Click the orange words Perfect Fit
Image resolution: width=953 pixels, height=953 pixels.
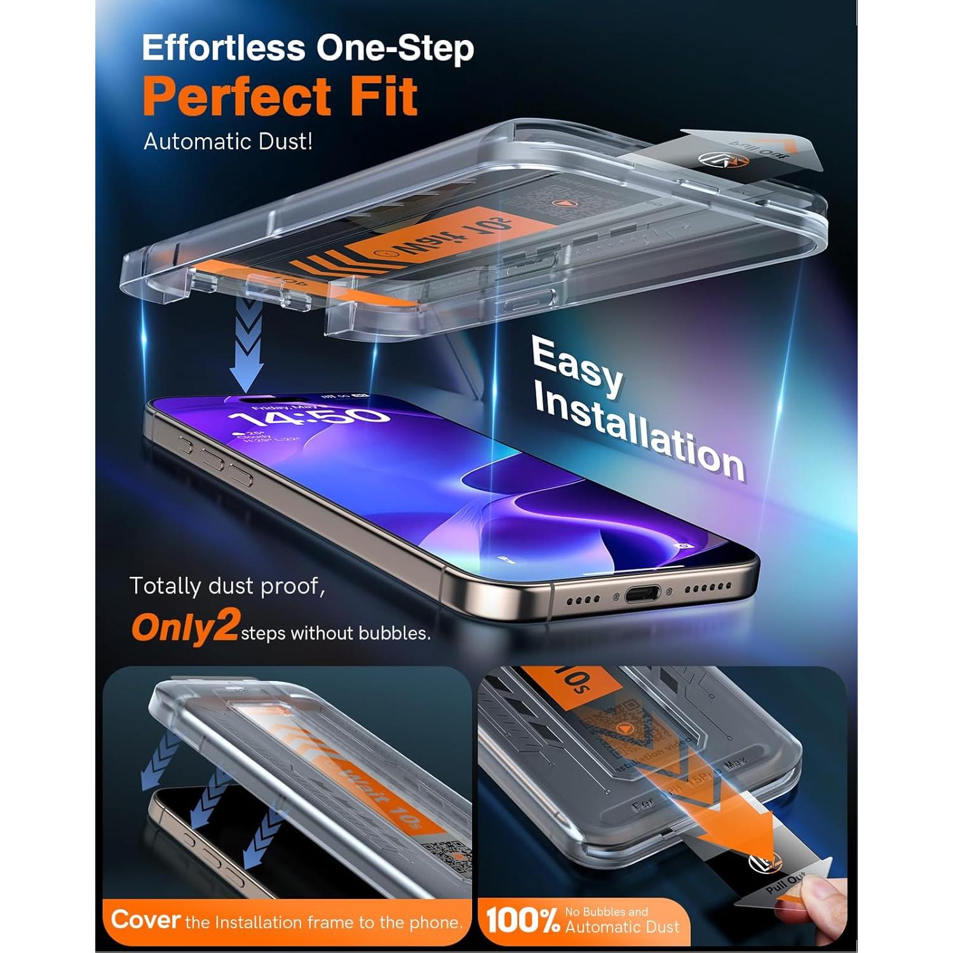pos(280,97)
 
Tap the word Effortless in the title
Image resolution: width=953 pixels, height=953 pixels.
pos(223,48)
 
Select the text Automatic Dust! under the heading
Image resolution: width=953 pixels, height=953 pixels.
pos(228,141)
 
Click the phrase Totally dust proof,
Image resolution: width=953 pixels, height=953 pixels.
pos(227,586)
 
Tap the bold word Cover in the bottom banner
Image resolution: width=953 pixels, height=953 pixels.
pos(145,919)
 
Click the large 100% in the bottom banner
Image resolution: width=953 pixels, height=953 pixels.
pos(522,920)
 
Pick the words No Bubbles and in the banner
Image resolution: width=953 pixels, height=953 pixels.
pos(607,912)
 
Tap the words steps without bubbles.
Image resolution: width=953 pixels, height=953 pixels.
pos(335,633)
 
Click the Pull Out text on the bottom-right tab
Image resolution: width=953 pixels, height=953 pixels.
pos(786,883)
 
